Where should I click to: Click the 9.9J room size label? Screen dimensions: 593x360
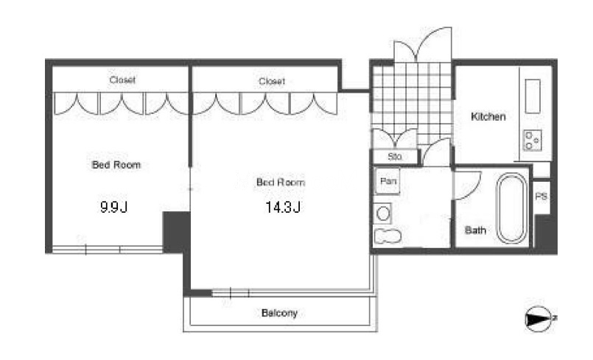click(114, 207)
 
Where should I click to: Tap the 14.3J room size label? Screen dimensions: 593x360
click(283, 207)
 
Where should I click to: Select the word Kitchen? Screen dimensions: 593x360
click(488, 116)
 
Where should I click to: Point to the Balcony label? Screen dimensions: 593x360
click(279, 313)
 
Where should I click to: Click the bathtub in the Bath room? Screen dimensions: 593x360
click(512, 208)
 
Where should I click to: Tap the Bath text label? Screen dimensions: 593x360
click(475, 230)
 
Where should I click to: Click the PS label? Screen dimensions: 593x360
click(541, 197)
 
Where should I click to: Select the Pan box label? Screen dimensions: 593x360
click(388, 181)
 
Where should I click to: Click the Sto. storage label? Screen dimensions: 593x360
click(395, 157)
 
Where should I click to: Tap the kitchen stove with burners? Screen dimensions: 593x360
click(533, 140)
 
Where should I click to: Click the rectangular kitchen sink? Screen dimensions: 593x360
click(533, 96)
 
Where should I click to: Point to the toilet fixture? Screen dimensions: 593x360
click(387, 236)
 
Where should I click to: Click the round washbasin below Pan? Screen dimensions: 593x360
click(383, 213)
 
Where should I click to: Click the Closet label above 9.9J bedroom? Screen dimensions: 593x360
click(122, 80)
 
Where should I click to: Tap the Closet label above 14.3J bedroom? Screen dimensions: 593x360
click(272, 81)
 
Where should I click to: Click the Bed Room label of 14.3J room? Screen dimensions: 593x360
click(281, 183)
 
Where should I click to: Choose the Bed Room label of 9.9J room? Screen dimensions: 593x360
click(116, 165)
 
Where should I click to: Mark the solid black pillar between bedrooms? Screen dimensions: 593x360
click(176, 231)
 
